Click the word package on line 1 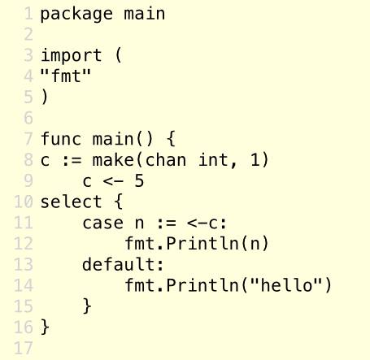click(76, 15)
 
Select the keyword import click(72, 55)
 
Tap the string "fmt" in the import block click(66, 76)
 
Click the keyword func click(61, 138)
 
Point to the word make click(113, 159)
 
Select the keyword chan click(166, 159)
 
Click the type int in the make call click(216, 159)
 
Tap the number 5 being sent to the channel click(139, 180)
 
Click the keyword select click(71, 202)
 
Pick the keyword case click(103, 223)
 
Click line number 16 click(24, 327)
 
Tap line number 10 click(24, 202)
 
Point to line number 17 click(24, 348)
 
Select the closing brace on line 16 click(45, 327)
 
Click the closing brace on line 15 click(87, 306)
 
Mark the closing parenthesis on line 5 click(45, 97)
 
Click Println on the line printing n click(202, 243)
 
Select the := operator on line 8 click(72, 160)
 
